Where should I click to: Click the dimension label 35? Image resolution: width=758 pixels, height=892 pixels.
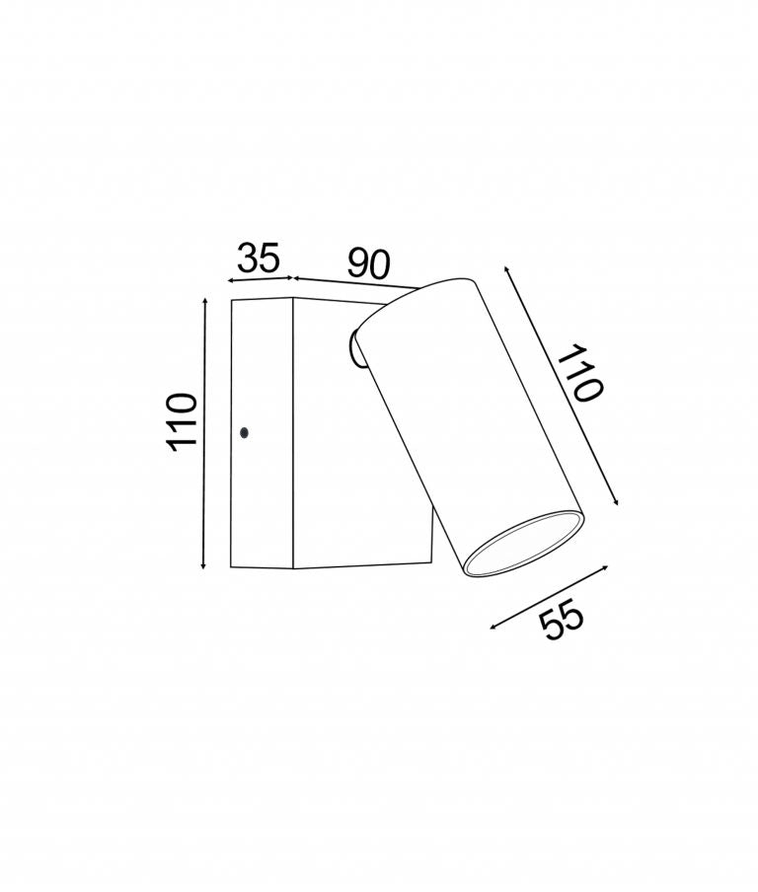coord(259,259)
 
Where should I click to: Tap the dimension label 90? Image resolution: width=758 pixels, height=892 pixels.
coord(369,263)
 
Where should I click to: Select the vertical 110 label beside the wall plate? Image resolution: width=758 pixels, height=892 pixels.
coord(183,421)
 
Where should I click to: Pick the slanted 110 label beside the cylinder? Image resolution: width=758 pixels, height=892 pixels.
coord(578,373)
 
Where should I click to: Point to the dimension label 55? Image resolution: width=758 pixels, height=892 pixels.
coord(563,622)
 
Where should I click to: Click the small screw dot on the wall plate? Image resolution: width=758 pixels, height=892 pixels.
coord(245,431)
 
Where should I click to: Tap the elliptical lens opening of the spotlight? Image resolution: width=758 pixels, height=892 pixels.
coord(523,544)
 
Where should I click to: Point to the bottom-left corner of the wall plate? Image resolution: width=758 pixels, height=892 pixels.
coord(230,567)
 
